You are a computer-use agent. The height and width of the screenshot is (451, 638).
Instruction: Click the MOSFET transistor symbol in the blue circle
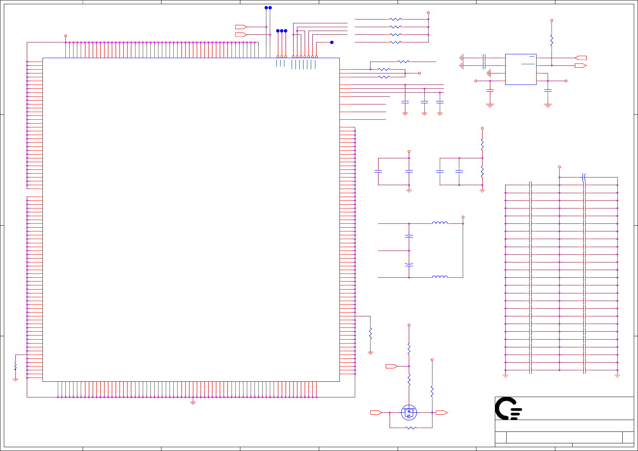pos(409,412)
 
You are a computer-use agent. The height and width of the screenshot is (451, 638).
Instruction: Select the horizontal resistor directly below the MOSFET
pos(411,428)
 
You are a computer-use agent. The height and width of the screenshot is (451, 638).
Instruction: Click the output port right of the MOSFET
pos(441,412)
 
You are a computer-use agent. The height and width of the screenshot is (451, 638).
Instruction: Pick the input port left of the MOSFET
pos(376,412)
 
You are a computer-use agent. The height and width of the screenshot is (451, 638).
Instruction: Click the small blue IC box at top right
pos(521,69)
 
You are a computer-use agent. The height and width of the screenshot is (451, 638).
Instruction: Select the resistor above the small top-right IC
pos(552,41)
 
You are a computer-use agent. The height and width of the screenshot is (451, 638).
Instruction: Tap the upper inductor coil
pos(440,223)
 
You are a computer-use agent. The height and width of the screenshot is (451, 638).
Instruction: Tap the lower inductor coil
pos(440,277)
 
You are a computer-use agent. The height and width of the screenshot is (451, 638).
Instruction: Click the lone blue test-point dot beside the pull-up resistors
pos(332,42)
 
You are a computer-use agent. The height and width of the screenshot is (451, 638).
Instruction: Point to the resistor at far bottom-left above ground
pos(15,366)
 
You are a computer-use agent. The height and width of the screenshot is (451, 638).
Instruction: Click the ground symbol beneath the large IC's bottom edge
pos(193,402)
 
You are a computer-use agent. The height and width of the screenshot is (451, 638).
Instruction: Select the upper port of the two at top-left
pos(241,27)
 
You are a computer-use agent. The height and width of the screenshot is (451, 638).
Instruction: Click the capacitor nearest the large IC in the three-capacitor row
pos(405,102)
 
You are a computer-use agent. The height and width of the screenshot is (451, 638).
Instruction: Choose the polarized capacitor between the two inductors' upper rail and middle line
pos(409,237)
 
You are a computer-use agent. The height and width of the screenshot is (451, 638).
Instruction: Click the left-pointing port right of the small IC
pos(581,58)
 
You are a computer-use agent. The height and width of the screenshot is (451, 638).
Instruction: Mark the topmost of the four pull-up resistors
pos(395,19)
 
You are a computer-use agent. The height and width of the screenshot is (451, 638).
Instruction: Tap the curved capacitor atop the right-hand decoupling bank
pos(584,177)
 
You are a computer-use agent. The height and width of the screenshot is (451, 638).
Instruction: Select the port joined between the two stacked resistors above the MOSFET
pos(391,366)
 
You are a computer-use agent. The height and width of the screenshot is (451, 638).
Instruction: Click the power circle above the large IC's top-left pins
pos(65,36)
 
